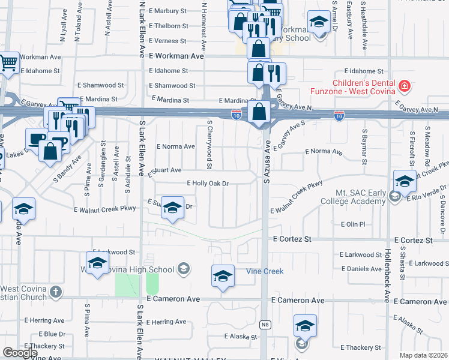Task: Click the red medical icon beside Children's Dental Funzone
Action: tap(404, 86)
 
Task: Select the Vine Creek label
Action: tap(265, 272)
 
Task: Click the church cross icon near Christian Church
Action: tap(55, 292)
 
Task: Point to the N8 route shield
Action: tap(265, 325)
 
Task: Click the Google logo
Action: tap(20, 353)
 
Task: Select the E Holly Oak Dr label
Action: tap(208, 183)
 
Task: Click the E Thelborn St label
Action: tap(169, 26)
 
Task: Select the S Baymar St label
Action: tap(364, 146)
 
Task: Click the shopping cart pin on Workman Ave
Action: tap(8, 62)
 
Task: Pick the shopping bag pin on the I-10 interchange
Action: tap(259, 112)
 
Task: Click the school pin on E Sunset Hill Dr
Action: tap(172, 208)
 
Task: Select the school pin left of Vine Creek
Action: tap(223, 276)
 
